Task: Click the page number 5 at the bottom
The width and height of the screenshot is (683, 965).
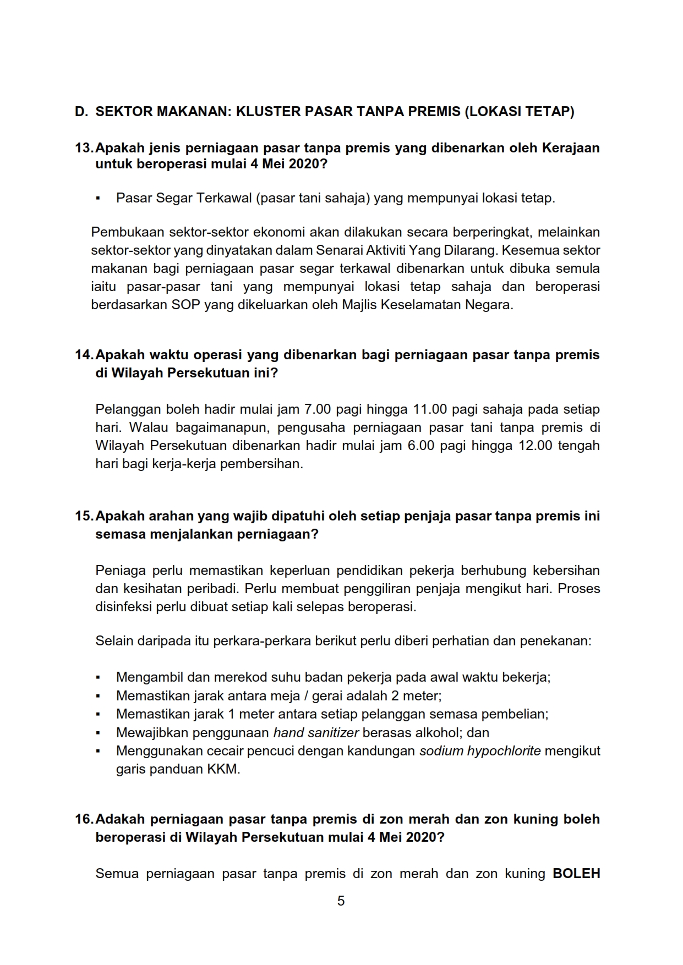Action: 341,901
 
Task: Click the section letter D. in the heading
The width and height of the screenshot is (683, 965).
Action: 81,112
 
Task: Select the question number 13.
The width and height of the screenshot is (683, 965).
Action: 84,148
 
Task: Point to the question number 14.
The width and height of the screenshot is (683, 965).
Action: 84,355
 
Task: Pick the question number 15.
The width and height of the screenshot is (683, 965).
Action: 84,516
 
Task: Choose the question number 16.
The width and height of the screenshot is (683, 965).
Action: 84,819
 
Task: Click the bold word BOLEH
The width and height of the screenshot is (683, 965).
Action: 576,874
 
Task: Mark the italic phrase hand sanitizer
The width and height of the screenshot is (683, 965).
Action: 316,733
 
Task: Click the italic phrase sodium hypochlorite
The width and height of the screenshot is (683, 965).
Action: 480,751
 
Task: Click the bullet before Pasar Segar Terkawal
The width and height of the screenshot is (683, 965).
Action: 98,199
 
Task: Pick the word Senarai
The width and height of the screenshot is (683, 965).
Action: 338,250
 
